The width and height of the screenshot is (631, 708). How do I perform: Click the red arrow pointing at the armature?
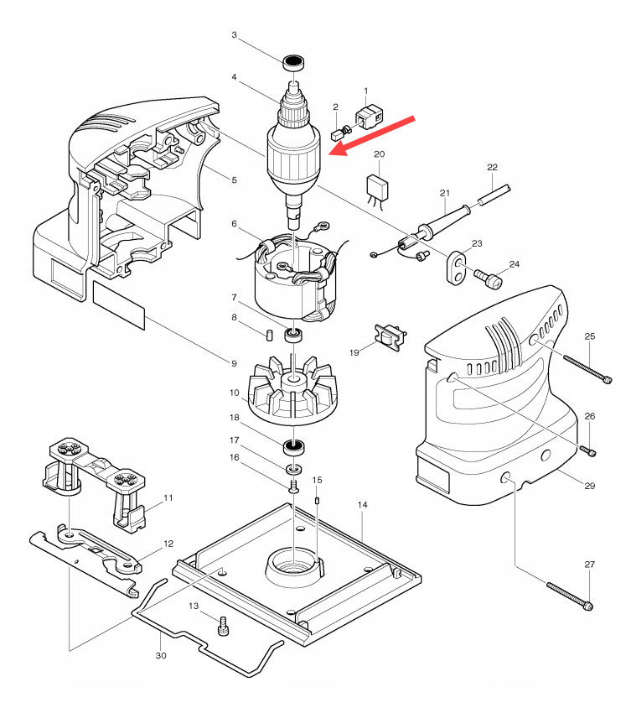(x=373, y=135)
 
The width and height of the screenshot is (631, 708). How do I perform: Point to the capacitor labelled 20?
(x=380, y=186)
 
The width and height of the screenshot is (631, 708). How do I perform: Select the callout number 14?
(x=363, y=506)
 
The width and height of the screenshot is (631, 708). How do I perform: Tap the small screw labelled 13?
(x=224, y=626)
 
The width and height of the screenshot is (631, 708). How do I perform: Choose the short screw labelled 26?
(x=589, y=451)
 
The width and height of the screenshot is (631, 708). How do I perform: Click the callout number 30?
(x=161, y=655)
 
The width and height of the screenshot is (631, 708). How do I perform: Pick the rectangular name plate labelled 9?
(x=118, y=306)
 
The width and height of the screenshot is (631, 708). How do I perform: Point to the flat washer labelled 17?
(x=294, y=467)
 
